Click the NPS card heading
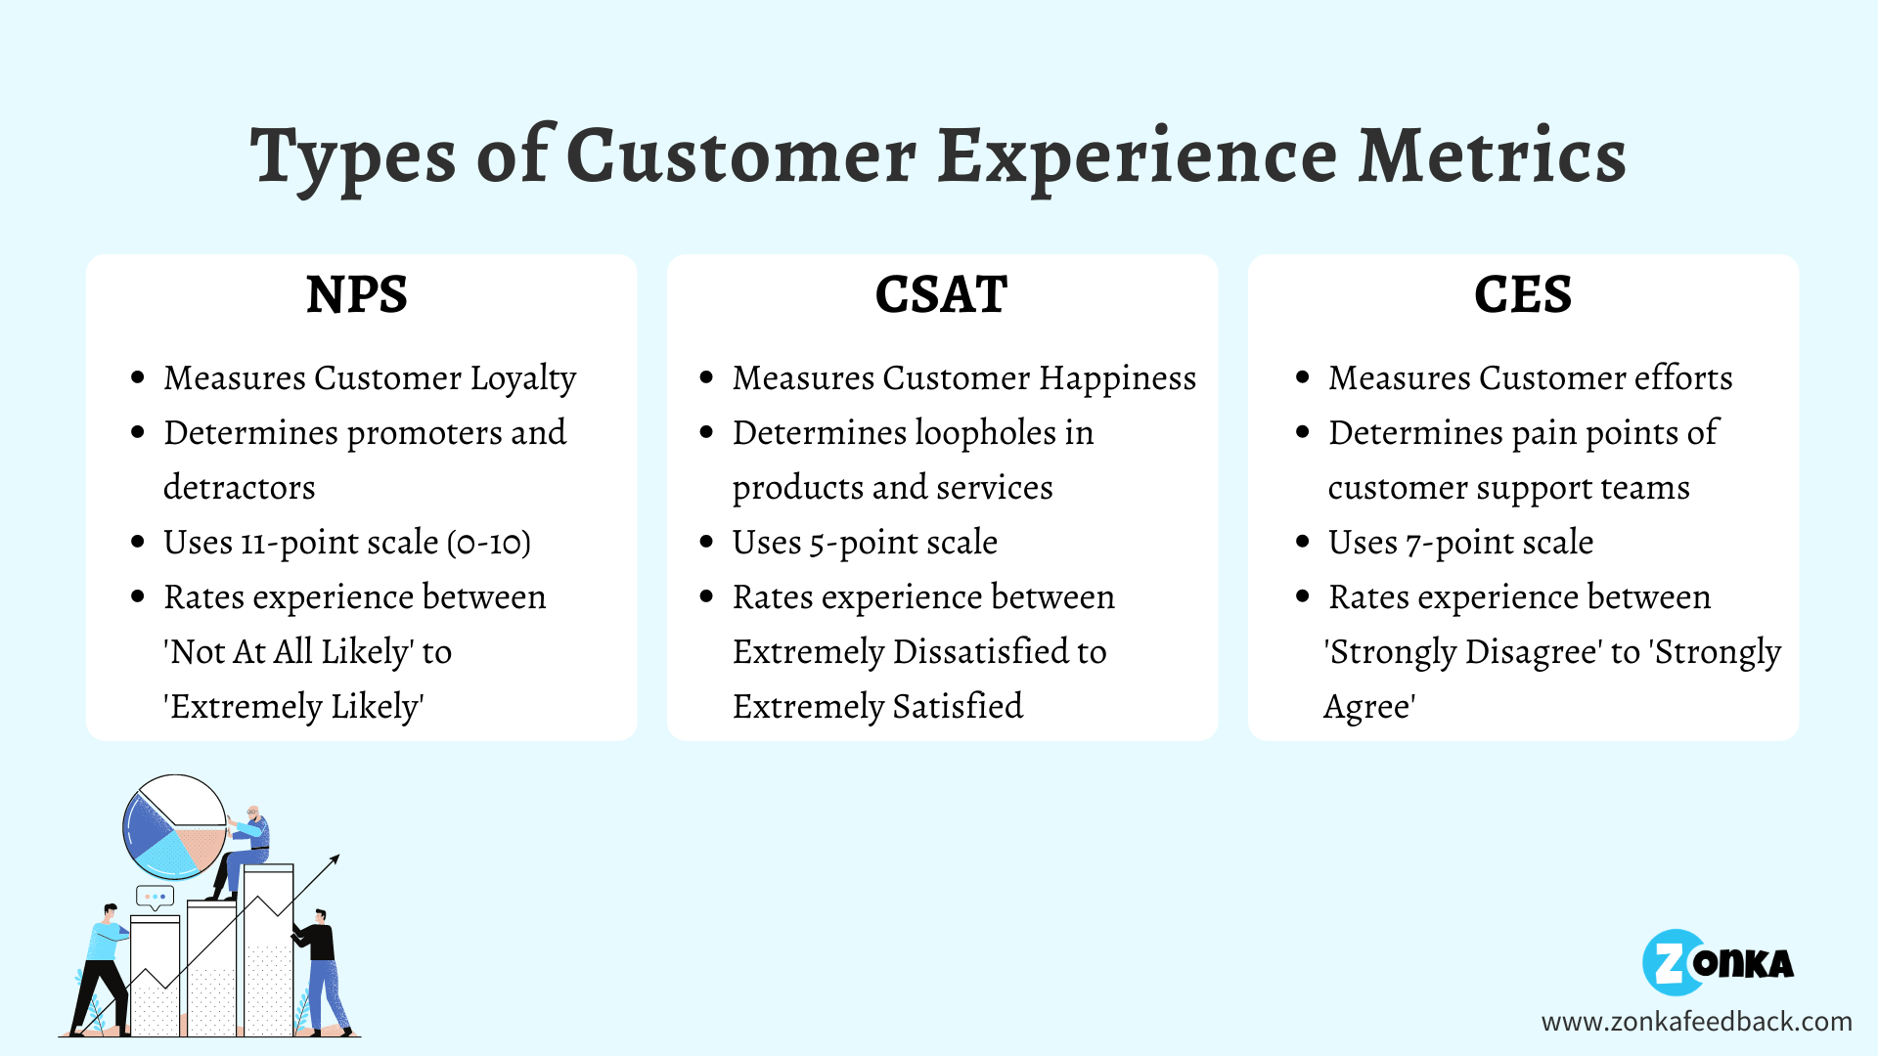(357, 294)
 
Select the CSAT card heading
(941, 294)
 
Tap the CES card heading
(1523, 294)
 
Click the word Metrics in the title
(1493, 156)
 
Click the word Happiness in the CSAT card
(1117, 378)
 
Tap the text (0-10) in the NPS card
(489, 543)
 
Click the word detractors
(240, 488)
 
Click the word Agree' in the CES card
(1369, 707)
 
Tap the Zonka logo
(1718, 963)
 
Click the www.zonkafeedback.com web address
(1696, 1022)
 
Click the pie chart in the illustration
(174, 827)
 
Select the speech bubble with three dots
(155, 896)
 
